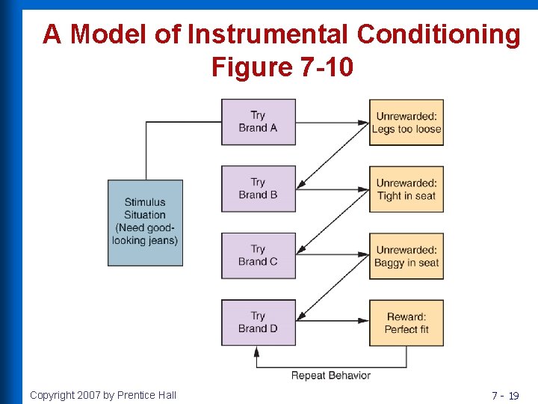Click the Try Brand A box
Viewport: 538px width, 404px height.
click(258, 122)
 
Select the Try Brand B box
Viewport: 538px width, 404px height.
click(258, 189)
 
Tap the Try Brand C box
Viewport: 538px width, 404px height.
click(258, 255)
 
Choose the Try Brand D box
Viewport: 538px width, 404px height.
click(258, 322)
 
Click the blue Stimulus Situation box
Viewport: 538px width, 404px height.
click(145, 222)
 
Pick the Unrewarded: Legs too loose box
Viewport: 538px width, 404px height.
click(406, 122)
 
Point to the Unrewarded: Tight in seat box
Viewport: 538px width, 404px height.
click(406, 189)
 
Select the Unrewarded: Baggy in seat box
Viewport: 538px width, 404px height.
click(406, 255)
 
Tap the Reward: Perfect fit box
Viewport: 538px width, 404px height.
click(406, 322)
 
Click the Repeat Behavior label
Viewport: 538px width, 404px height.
click(330, 375)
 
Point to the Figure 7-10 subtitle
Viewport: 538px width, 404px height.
click(282, 67)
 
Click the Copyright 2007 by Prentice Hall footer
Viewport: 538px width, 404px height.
click(103, 395)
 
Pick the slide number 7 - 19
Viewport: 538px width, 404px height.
click(504, 395)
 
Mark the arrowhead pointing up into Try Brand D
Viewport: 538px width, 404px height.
click(258, 349)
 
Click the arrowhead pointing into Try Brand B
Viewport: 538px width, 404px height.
click(300, 186)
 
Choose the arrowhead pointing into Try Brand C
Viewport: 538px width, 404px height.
click(300, 252)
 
